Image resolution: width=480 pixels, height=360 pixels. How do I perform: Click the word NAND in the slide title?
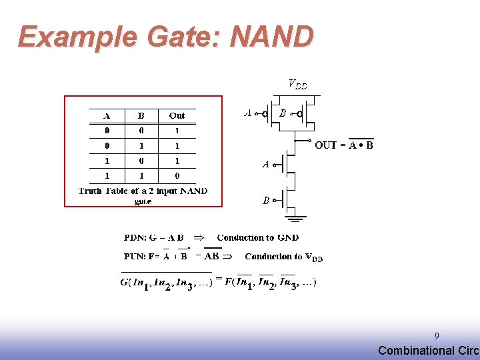pos(271,37)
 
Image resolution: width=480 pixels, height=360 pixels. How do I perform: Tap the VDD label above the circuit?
pos(297,84)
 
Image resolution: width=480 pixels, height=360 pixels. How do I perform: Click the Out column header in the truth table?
pos(177,116)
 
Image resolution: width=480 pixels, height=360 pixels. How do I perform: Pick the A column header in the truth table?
pos(107,116)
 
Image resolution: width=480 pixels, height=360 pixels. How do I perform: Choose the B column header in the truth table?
pos(141,116)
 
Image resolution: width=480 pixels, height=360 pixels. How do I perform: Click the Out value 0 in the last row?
pos(177,176)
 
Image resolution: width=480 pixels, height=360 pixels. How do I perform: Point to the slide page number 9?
pos(437,337)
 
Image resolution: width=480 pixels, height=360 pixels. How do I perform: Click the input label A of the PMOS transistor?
pos(248,113)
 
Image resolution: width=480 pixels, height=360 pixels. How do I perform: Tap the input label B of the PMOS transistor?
pos(283,113)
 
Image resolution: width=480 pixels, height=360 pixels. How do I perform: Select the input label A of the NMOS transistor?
pos(265,163)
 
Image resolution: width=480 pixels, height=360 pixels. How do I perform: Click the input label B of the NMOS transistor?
pos(265,199)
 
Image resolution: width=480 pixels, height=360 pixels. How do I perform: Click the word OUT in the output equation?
pos(325,145)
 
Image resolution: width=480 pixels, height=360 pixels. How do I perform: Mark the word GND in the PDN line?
pos(288,237)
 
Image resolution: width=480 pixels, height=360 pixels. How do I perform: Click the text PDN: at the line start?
pos(137,237)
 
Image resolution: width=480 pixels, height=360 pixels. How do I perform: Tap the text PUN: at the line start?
pos(137,256)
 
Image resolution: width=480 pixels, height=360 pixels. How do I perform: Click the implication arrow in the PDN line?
pos(199,237)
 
